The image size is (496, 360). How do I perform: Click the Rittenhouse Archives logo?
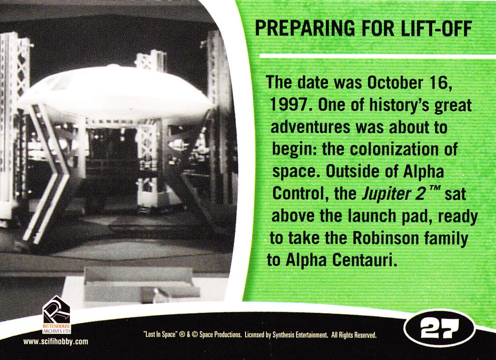coord(57,315)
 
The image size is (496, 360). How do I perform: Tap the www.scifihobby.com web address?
coord(56,342)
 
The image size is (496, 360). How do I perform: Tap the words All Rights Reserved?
coord(354,335)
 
